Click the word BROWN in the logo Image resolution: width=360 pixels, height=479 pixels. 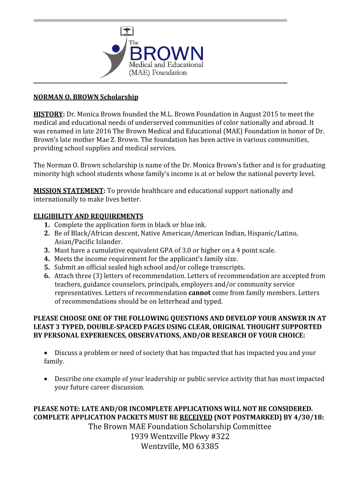coord(166,51)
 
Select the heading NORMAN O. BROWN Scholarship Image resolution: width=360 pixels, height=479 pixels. coord(86,97)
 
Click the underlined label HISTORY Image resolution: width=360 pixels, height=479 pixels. coord(48,114)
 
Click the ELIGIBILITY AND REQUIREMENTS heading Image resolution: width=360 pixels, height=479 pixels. coord(88,216)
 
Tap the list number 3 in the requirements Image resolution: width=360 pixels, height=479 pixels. coord(47,250)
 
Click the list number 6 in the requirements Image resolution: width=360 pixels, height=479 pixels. coord(47,276)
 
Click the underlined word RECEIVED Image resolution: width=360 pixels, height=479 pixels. coord(196,417)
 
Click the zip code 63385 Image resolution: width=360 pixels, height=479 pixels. coord(203,446)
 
